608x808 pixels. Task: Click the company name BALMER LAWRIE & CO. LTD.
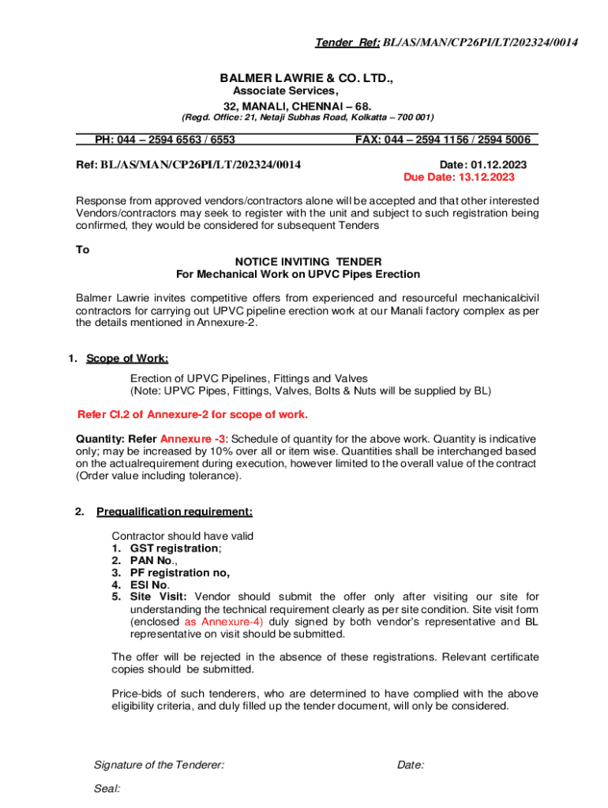pyautogui.click(x=306, y=79)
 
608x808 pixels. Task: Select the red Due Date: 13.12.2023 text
pyautogui.click(x=459, y=177)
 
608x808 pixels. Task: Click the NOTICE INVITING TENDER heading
pyautogui.click(x=308, y=261)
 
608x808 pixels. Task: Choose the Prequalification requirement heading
pyautogui.click(x=175, y=511)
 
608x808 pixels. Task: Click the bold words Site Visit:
pyautogui.click(x=159, y=597)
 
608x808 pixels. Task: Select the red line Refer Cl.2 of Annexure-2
pyautogui.click(x=192, y=414)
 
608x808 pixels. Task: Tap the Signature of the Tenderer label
pyautogui.click(x=159, y=765)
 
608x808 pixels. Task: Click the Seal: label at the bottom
pyautogui.click(x=107, y=787)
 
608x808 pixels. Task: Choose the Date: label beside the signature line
pyautogui.click(x=411, y=765)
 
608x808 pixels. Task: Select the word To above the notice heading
pyautogui.click(x=83, y=249)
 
